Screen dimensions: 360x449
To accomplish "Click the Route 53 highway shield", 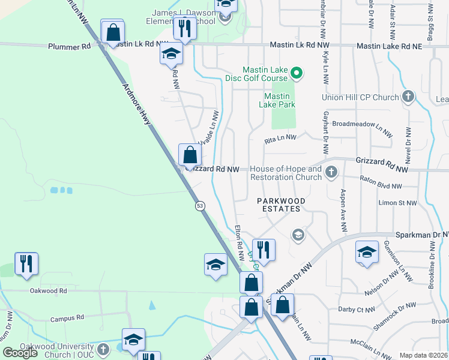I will [x=200, y=206].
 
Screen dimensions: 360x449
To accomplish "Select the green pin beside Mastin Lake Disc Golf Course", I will [x=296, y=74].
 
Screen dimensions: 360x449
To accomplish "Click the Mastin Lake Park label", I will [x=277, y=100].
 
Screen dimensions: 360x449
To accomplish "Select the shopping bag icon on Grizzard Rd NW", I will [x=190, y=155].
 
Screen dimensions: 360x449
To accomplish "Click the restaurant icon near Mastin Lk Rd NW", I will [x=185, y=28].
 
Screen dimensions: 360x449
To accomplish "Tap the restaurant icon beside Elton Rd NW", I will [x=264, y=249].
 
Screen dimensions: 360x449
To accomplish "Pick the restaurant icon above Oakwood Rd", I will [x=26, y=264].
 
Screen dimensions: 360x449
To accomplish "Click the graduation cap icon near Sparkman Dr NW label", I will [x=367, y=251].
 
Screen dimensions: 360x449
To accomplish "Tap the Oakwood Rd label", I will [x=48, y=291].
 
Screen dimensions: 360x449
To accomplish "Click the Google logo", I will [x=20, y=353].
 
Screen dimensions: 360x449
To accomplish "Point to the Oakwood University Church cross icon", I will [x=103, y=349].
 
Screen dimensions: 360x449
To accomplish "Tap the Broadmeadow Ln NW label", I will [x=357, y=127].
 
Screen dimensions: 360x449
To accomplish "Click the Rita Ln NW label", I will [x=281, y=138].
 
